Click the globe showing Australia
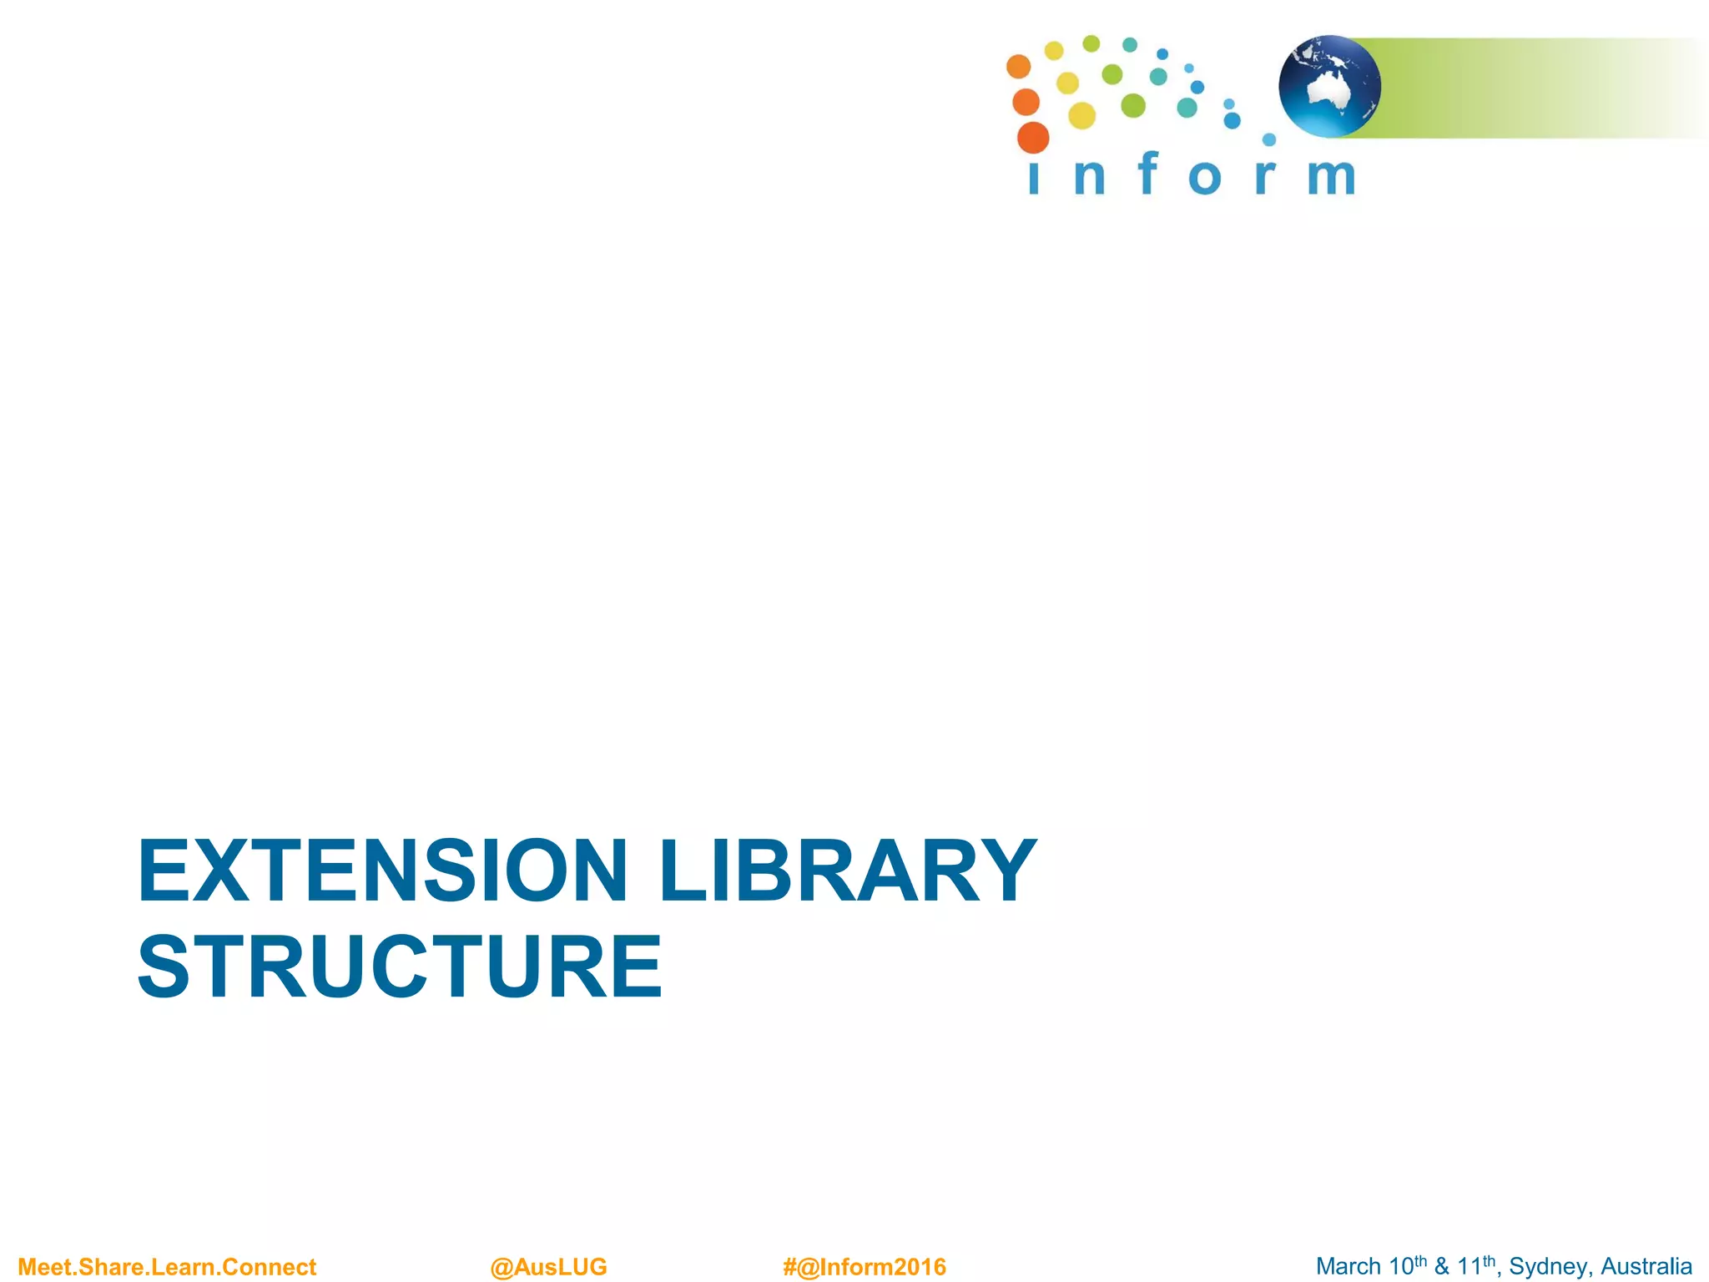[x=1329, y=86]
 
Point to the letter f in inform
[x=1148, y=173]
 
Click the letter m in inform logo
[x=1331, y=176]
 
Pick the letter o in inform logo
[x=1204, y=178]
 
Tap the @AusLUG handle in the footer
[x=548, y=1267]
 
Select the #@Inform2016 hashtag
[x=865, y=1267]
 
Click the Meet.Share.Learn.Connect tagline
[x=167, y=1267]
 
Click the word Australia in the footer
[x=1646, y=1266]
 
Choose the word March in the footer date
[x=1349, y=1266]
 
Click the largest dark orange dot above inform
[x=1033, y=138]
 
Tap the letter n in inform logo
[x=1089, y=177]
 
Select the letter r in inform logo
[x=1265, y=177]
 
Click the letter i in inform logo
[x=1034, y=177]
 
